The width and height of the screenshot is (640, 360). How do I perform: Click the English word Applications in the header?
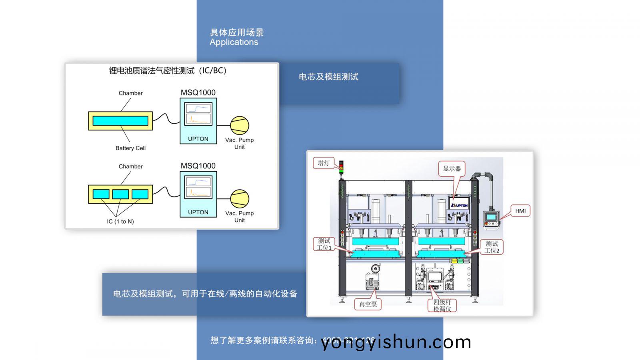pyautogui.click(x=234, y=42)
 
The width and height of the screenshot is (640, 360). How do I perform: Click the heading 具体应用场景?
pyautogui.click(x=237, y=32)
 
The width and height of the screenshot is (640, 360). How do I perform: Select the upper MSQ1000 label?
pyautogui.click(x=198, y=92)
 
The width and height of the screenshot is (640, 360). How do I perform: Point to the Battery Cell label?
pyautogui.click(x=130, y=148)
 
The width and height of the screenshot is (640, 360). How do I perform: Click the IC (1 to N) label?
pyautogui.click(x=120, y=221)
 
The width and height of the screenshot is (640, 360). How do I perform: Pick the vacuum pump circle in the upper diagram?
pyautogui.click(x=239, y=125)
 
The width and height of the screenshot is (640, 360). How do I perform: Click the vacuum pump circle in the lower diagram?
pyautogui.click(x=239, y=199)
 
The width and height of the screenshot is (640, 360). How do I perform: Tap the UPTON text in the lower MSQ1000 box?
pyautogui.click(x=198, y=212)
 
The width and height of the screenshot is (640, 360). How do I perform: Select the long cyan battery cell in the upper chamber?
pyautogui.click(x=120, y=121)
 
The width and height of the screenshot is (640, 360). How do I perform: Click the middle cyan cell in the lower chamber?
pyautogui.click(x=120, y=194)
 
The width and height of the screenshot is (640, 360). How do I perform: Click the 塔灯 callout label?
pyautogui.click(x=323, y=163)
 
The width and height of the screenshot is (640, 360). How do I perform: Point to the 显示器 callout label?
pyautogui.click(x=452, y=168)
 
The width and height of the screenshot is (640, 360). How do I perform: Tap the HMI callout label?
pyautogui.click(x=520, y=211)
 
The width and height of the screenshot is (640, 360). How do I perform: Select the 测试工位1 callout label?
pyautogui.click(x=324, y=244)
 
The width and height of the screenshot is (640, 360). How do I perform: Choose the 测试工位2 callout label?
pyautogui.click(x=492, y=247)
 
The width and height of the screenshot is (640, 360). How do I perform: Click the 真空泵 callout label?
pyautogui.click(x=368, y=304)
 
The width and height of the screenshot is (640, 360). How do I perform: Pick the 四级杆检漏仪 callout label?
pyautogui.click(x=442, y=305)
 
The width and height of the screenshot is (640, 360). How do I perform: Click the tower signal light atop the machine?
pyautogui.click(x=341, y=168)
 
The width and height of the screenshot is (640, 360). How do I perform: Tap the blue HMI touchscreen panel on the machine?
pyautogui.click(x=491, y=217)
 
